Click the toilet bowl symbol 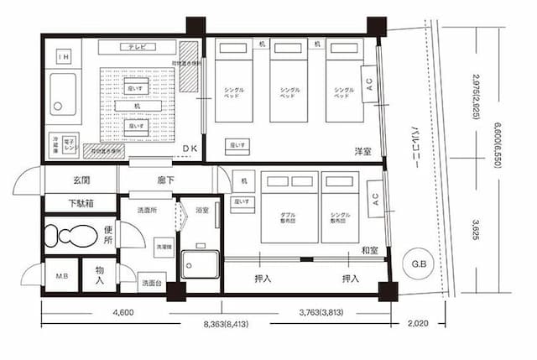pos(63,236)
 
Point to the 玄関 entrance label pos(81,180)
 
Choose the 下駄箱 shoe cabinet pos(81,203)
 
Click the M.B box pos(61,277)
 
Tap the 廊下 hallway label pos(166,180)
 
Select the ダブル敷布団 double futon pos(288,214)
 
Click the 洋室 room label pos(362,152)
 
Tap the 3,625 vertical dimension pos(476,227)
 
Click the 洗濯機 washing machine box pos(163,248)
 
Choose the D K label pos(190,148)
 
